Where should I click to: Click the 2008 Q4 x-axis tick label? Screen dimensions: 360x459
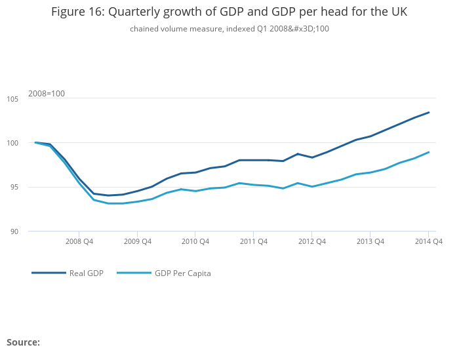tap(79, 241)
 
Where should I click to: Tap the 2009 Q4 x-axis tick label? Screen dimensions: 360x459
tap(138, 241)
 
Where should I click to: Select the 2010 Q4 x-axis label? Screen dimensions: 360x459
tap(195, 241)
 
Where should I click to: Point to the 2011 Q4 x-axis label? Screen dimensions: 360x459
tap(254, 241)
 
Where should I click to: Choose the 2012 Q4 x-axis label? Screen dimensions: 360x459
tap(312, 241)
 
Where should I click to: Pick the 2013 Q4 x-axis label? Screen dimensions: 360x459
tap(370, 241)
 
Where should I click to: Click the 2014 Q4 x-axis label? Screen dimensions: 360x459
tap(429, 241)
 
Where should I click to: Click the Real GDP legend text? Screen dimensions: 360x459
tap(87, 273)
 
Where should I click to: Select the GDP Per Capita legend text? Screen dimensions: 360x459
tap(182, 273)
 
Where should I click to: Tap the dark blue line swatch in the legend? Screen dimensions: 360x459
tap(49, 273)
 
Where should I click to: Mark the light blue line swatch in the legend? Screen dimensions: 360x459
tap(134, 273)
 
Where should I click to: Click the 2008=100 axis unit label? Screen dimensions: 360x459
tap(47, 94)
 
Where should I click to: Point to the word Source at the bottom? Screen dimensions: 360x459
tap(23, 342)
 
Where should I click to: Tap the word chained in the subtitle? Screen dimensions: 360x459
tap(144, 29)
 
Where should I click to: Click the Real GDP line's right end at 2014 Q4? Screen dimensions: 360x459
tap(429, 112)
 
